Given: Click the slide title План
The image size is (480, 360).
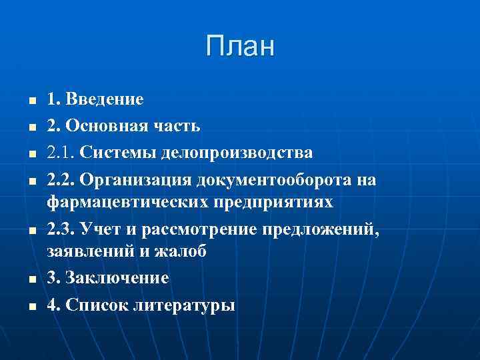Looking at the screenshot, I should point(240,47).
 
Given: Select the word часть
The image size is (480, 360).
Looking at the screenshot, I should point(177,127).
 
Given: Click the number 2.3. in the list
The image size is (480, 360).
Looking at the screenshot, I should point(60,230).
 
